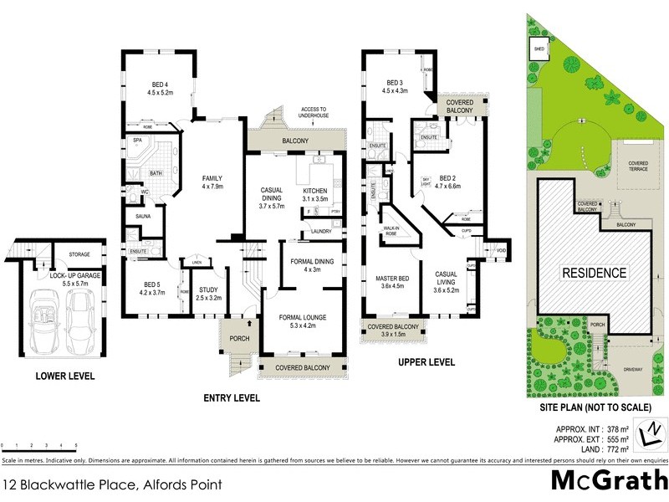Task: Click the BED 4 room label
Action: (x=162, y=84)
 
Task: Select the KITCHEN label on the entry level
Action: (x=316, y=192)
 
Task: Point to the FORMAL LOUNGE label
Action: (x=303, y=317)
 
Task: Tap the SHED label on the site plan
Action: (x=535, y=49)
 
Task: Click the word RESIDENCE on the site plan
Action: (x=594, y=273)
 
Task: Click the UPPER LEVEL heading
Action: (x=426, y=362)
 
